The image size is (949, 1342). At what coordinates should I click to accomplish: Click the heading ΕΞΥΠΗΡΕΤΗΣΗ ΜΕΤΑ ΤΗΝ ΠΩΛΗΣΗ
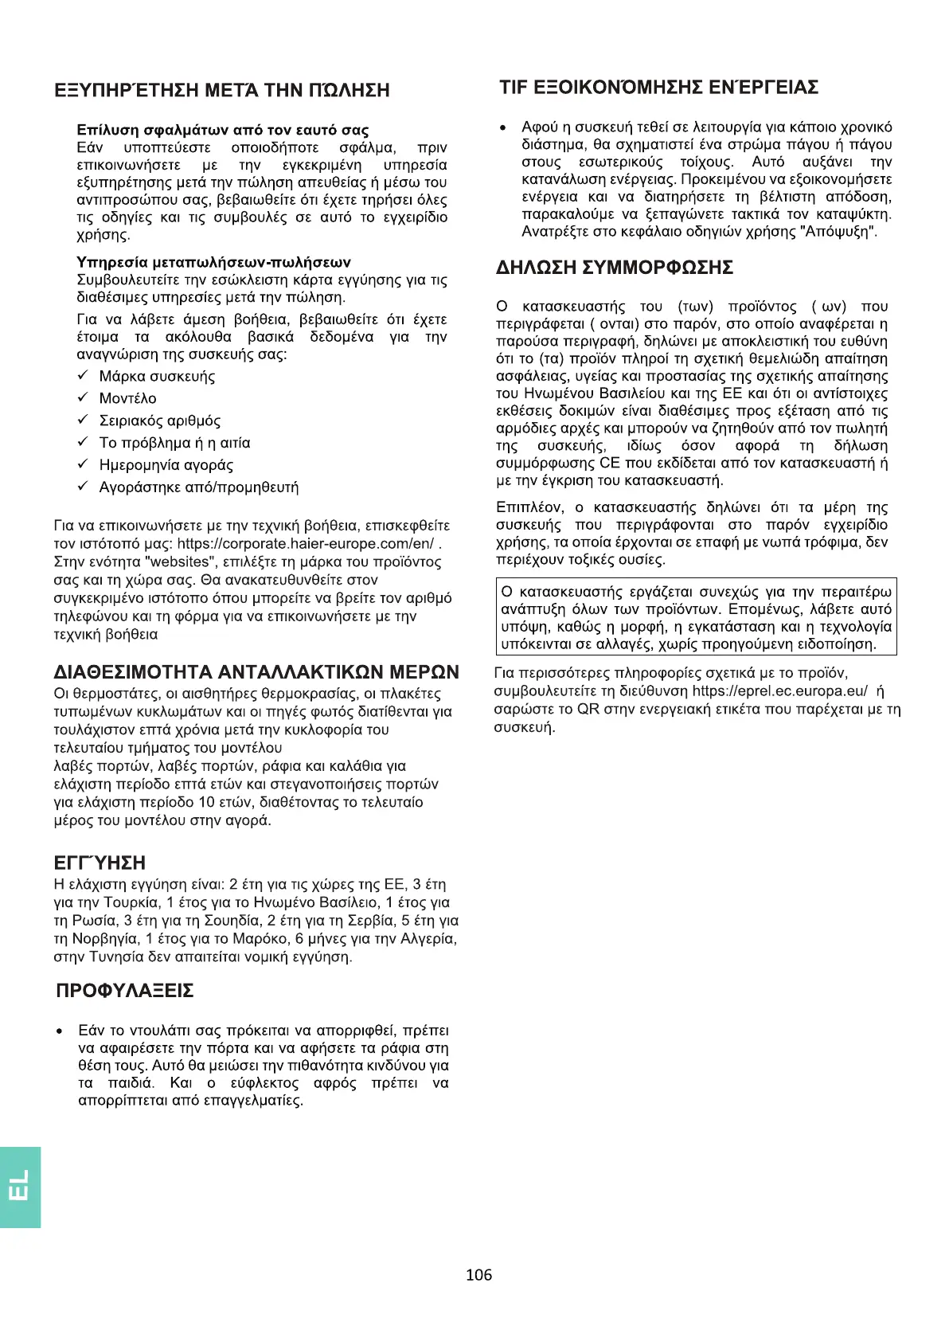coord(222,90)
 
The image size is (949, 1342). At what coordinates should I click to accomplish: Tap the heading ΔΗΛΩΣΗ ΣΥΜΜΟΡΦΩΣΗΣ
coord(615,268)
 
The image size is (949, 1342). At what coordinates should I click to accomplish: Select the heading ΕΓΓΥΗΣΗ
coord(100,863)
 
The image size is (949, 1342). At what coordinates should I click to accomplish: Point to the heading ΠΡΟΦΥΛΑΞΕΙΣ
coord(125,991)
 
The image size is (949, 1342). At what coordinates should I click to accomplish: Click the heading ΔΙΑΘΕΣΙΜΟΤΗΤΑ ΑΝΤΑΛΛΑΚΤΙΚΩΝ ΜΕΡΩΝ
coord(256,671)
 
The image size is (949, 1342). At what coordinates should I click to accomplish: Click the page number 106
coord(478,1275)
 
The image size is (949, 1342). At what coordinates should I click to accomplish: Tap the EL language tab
coord(20,1187)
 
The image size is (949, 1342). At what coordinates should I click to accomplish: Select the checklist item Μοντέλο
coord(127,398)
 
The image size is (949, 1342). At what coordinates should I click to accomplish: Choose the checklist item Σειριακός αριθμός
coord(159,421)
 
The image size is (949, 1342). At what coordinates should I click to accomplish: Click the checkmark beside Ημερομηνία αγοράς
coord(82,464)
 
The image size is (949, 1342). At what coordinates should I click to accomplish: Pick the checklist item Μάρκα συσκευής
coord(157,376)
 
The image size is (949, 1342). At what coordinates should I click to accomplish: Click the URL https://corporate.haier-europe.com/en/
coord(306,544)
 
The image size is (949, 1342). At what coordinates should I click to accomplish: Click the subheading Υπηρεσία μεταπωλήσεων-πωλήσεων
coord(213,262)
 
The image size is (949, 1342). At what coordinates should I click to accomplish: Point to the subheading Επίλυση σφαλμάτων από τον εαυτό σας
coord(223,130)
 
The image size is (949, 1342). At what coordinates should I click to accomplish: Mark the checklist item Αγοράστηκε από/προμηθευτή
coord(198,487)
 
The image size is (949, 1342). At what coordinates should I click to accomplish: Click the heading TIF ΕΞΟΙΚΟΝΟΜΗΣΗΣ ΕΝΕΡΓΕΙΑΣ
coord(658,87)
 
